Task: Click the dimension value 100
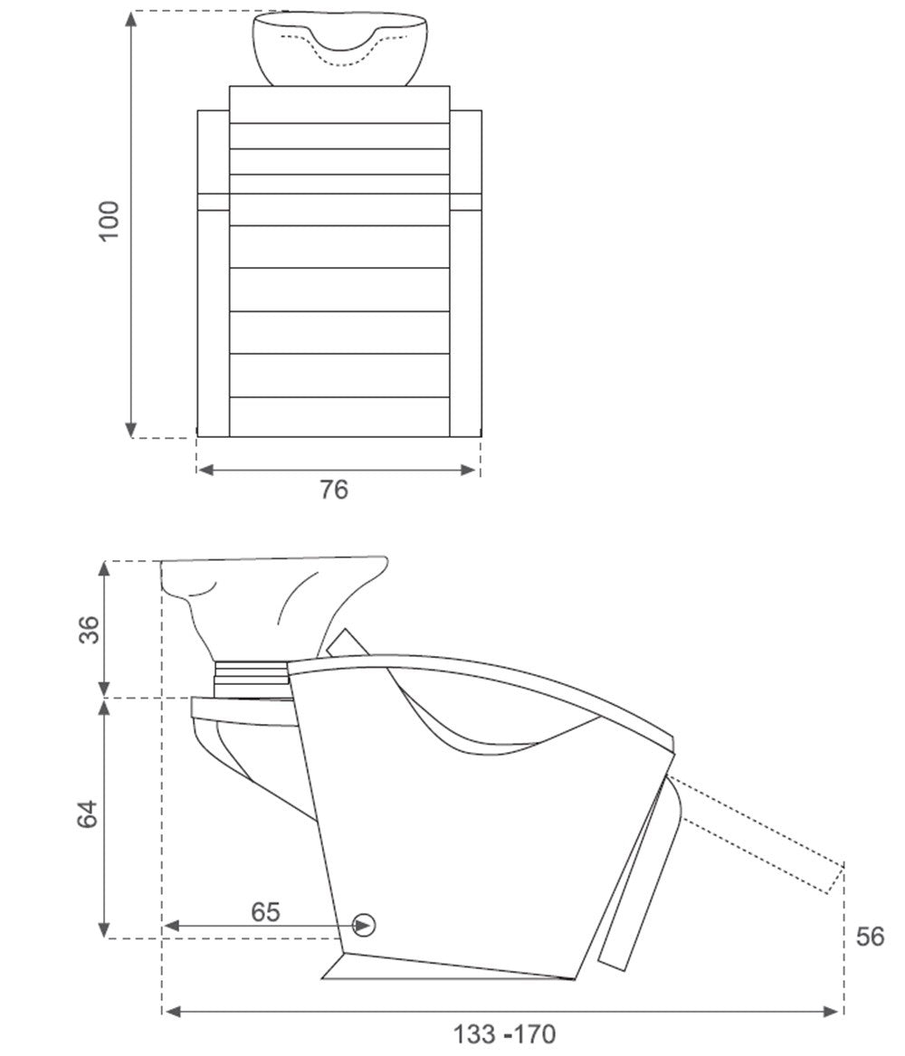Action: pos(109,220)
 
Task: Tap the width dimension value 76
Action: pos(334,490)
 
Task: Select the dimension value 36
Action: pos(90,629)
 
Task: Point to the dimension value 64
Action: pos(88,814)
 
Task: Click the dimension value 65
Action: pos(265,912)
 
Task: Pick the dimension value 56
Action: pos(870,937)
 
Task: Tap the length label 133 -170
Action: pos(504,1033)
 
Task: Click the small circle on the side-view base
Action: pos(365,926)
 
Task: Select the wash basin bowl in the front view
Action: pos(340,49)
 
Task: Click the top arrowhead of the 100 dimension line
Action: pos(131,19)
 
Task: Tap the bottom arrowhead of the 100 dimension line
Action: pos(131,430)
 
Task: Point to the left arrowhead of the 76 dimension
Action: pos(205,470)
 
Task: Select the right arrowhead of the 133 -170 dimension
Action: pos(833,1011)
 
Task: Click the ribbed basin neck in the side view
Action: pos(251,679)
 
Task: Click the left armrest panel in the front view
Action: pos(214,273)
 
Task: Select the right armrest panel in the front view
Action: pos(465,273)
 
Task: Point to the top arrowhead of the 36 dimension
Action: pos(104,569)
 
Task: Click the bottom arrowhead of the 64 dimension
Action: pos(104,929)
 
